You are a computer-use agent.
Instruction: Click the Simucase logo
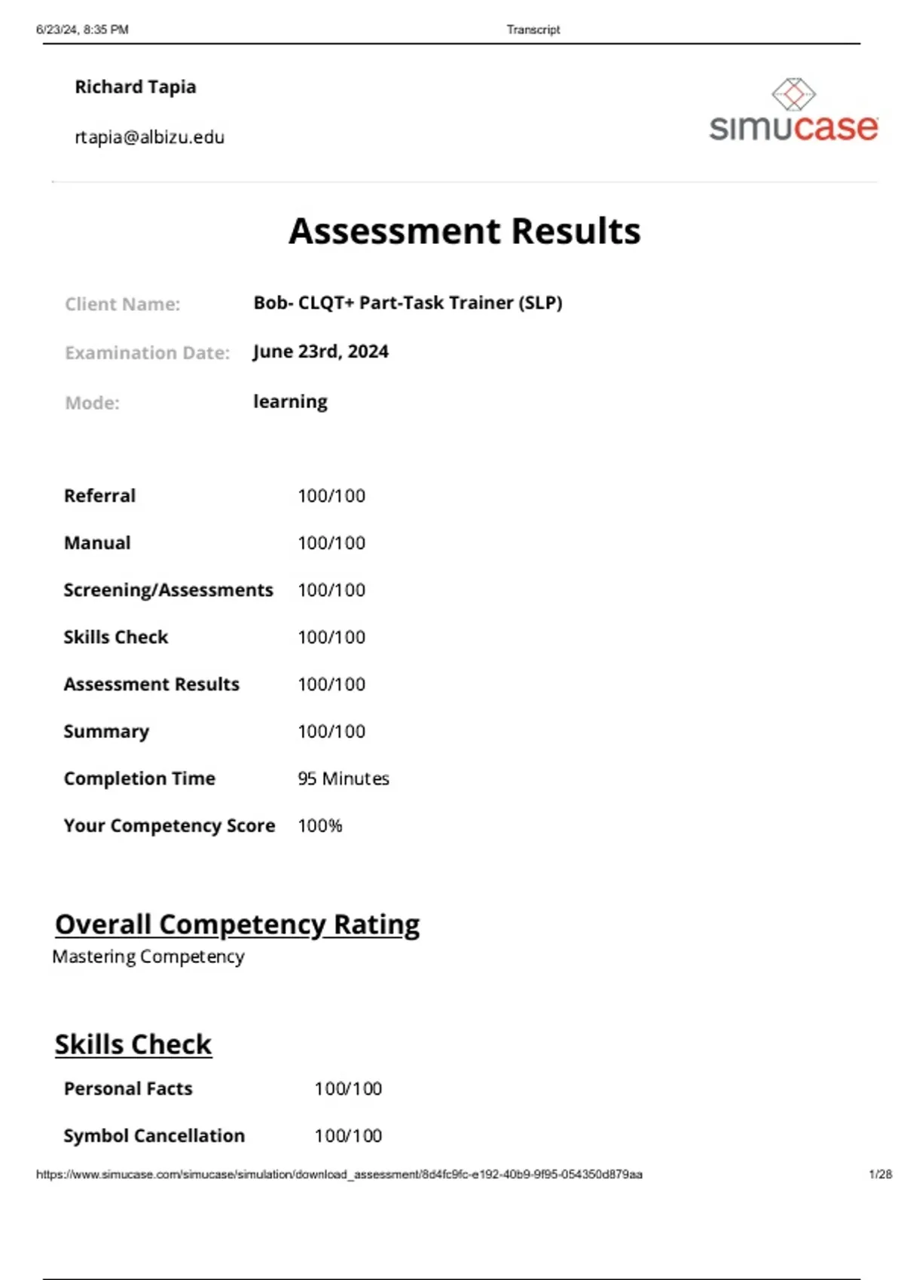[x=793, y=111]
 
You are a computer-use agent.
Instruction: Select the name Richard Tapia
[x=136, y=87]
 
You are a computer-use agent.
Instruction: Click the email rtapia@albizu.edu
[x=149, y=137]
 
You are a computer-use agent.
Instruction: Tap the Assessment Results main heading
[x=465, y=231]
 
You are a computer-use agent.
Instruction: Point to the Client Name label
[x=122, y=304]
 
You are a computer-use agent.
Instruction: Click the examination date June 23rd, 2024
[x=321, y=352]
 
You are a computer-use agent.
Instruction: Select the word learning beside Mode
[x=290, y=401]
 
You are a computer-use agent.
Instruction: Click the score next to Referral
[x=331, y=495]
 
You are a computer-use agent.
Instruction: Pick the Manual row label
[x=97, y=543]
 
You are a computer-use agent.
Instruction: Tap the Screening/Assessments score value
[x=331, y=590]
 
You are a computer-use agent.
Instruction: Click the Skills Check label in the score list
[x=116, y=637]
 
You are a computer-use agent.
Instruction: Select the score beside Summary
[x=331, y=731]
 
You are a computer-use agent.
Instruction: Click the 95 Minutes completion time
[x=344, y=779]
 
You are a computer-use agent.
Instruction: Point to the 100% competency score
[x=320, y=826]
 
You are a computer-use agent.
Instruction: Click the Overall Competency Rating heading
[x=237, y=925]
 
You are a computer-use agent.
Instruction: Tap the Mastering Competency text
[x=148, y=957]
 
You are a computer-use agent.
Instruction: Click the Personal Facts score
[x=348, y=1089]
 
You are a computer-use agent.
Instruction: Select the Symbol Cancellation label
[x=154, y=1135]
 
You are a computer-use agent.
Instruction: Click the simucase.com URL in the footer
[x=339, y=1175]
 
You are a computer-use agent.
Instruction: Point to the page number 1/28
[x=880, y=1175]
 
